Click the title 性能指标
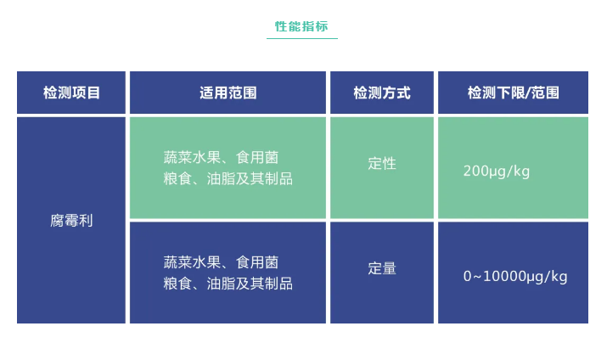tap(301, 26)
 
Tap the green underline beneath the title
tap(302, 38)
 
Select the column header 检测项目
tap(71, 93)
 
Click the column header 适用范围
tap(228, 93)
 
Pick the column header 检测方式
tap(382, 93)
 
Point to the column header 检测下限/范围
tap(514, 93)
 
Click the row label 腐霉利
tap(71, 221)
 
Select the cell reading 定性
tap(382, 163)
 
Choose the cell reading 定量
tap(382, 268)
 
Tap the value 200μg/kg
tap(497, 172)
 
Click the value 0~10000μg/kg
tap(515, 277)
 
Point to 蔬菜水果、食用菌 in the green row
tap(221, 158)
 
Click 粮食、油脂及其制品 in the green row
tap(228, 178)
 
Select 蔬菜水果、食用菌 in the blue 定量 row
tap(221, 262)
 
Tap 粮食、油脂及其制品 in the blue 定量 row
tap(228, 284)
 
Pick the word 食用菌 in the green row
tap(257, 158)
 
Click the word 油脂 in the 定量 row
tap(221, 284)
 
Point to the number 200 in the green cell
tap(475, 171)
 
